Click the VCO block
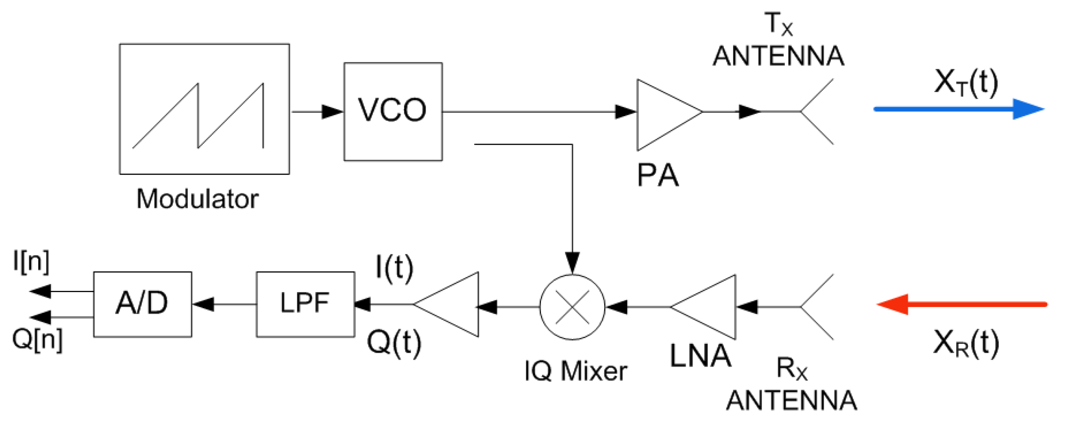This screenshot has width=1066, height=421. click(393, 112)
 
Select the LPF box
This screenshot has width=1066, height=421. click(305, 304)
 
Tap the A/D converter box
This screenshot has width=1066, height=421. click(143, 304)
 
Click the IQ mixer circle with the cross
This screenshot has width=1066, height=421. click(572, 307)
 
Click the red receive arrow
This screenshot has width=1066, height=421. click(961, 304)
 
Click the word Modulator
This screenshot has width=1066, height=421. click(197, 199)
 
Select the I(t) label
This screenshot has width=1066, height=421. click(394, 268)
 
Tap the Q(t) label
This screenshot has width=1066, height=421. click(394, 343)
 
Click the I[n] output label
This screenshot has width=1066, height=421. click(31, 262)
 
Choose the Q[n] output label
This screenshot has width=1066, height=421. click(37, 339)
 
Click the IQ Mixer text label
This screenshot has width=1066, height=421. click(576, 371)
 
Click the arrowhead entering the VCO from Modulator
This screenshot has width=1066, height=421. click(332, 112)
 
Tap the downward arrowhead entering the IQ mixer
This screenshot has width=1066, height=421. click(572, 262)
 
